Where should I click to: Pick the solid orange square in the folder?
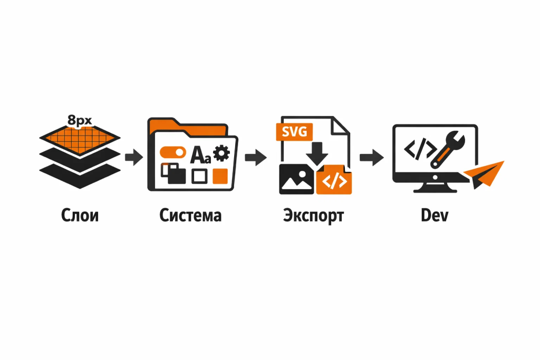[x=219, y=176]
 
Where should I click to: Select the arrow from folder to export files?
[x=256, y=157]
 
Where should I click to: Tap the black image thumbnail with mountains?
[x=295, y=179]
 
